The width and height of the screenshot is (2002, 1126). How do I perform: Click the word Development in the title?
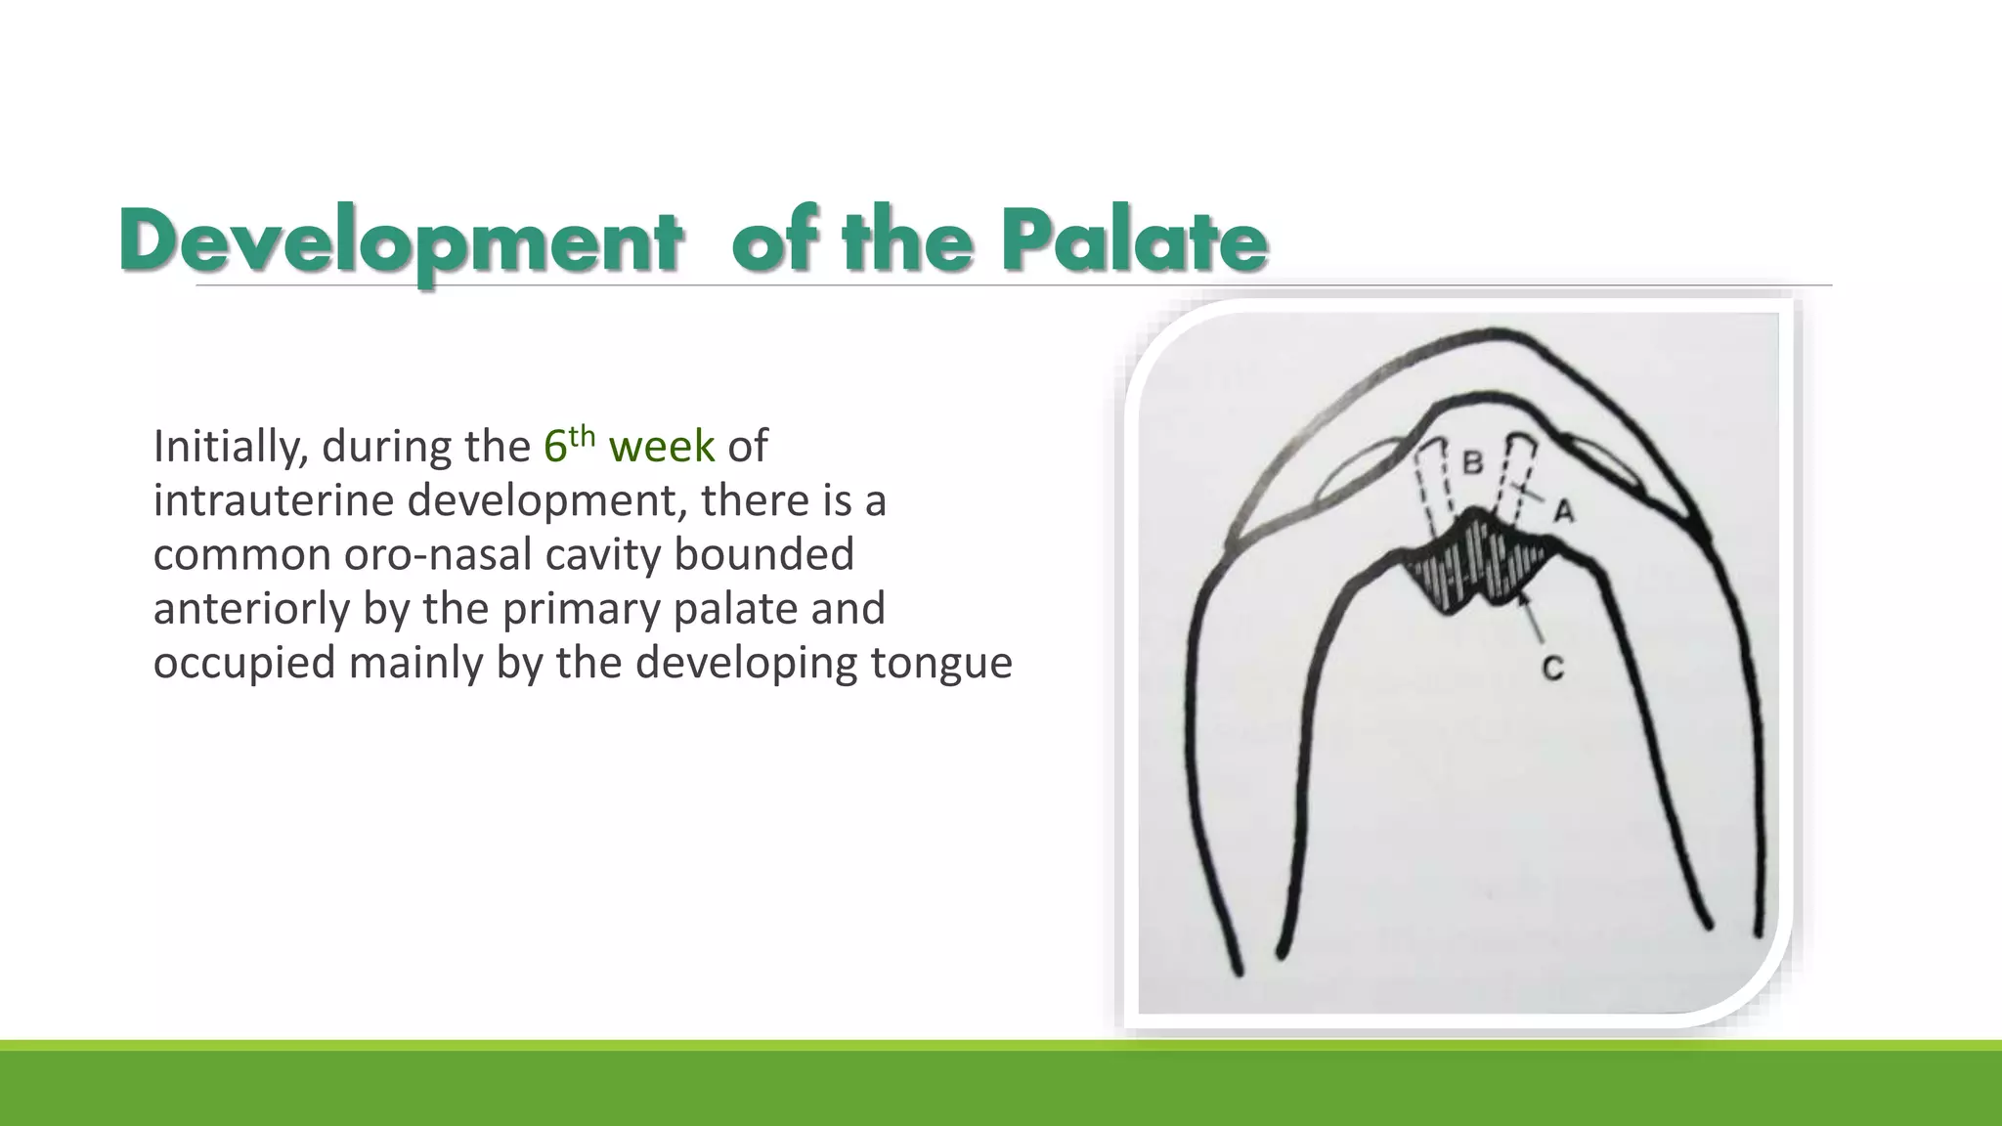[x=399, y=241]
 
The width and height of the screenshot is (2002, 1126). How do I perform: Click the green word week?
[x=662, y=446]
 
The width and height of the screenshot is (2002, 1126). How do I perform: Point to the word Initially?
[x=230, y=447]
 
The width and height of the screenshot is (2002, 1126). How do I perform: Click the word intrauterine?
[x=274, y=500]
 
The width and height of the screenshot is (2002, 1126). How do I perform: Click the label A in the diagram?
[x=1564, y=510]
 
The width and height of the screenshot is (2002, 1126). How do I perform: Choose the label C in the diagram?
[x=1552, y=669]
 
